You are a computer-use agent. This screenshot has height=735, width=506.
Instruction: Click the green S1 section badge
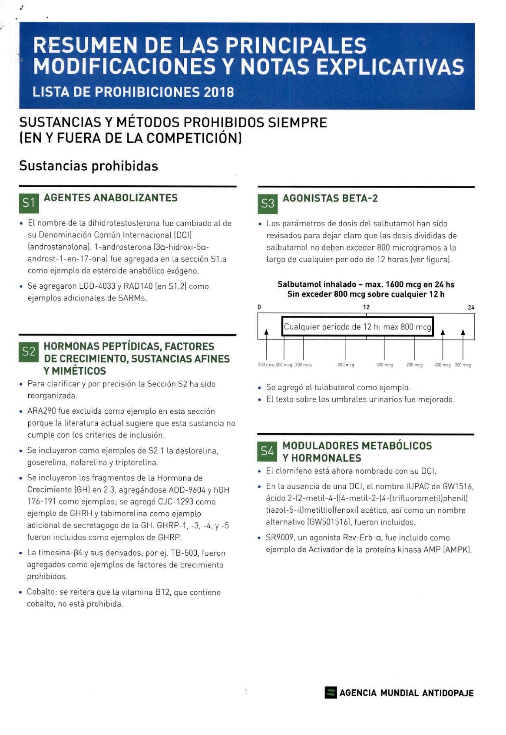point(29,203)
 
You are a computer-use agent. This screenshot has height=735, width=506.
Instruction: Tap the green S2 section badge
point(29,352)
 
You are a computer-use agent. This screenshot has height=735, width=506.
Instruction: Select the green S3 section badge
point(268,204)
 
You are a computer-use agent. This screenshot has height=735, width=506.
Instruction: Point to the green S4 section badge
point(267,452)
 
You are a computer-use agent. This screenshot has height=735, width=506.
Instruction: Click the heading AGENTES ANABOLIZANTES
point(111,198)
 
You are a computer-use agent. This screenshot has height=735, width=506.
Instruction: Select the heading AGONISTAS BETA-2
point(330,198)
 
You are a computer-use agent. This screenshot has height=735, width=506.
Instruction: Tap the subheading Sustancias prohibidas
point(89,166)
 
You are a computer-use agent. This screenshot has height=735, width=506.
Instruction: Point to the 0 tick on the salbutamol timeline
point(259,307)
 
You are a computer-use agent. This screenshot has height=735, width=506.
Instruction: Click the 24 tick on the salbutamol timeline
point(471,307)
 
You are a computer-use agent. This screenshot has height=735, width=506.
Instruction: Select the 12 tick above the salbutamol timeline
point(366,307)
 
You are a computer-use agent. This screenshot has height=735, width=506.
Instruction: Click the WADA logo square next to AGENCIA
point(331,693)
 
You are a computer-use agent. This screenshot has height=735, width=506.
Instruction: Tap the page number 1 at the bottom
point(246,692)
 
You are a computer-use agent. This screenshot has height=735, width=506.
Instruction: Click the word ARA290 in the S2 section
point(43,411)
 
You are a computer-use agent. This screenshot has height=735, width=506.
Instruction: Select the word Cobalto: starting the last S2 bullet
point(42,592)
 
